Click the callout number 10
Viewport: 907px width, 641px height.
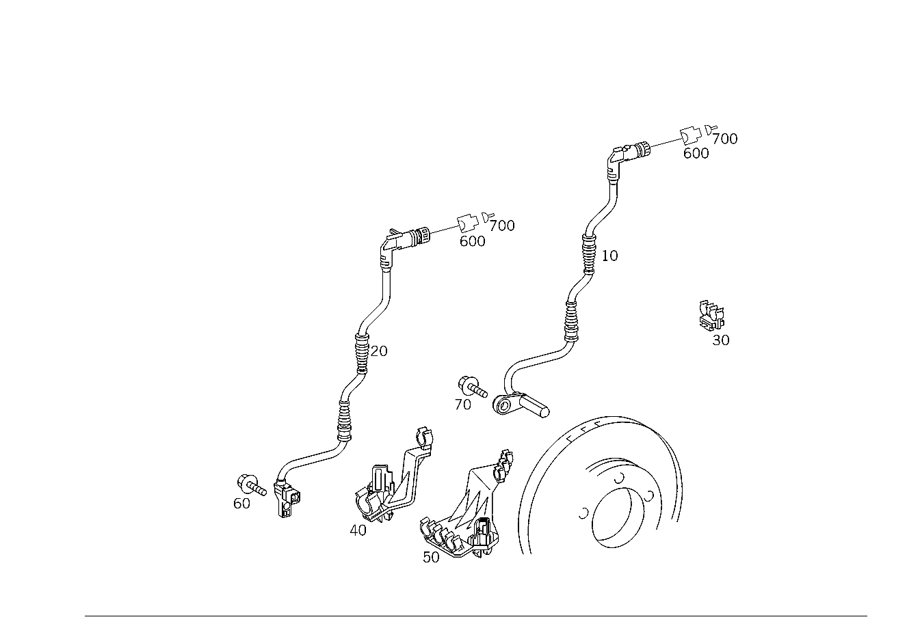(609, 256)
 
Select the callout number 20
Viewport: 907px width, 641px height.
(379, 351)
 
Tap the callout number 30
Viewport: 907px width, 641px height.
(721, 340)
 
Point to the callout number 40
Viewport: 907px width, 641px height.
(358, 530)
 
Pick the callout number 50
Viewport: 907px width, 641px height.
(431, 557)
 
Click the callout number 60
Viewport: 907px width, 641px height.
(241, 504)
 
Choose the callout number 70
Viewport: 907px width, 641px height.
(463, 405)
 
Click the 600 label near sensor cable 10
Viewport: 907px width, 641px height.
(696, 153)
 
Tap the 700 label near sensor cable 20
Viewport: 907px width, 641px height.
(502, 226)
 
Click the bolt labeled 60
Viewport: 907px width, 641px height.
(252, 485)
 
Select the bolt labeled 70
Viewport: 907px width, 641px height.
(473, 387)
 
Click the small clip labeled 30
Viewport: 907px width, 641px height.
(712, 316)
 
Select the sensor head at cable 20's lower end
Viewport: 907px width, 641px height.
(287, 499)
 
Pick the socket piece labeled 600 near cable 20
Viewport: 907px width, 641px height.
(467, 222)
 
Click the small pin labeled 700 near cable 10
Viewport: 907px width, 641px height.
(711, 129)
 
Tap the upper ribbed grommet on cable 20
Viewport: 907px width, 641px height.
(363, 352)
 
